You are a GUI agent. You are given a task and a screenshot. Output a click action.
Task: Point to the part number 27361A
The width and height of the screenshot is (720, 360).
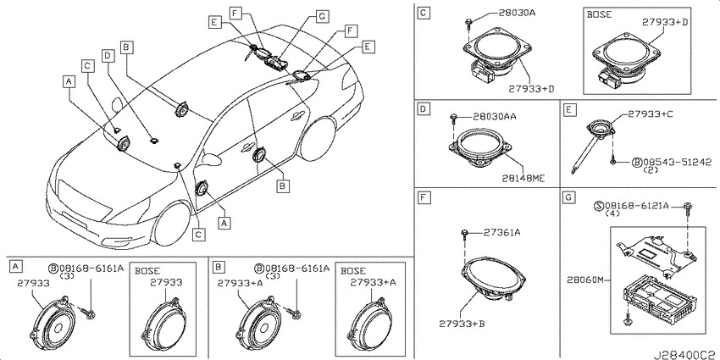point(502,233)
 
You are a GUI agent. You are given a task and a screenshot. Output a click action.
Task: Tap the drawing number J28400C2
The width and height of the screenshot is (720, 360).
point(686,355)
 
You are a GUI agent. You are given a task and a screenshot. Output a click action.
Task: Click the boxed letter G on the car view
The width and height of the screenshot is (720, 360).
point(323,17)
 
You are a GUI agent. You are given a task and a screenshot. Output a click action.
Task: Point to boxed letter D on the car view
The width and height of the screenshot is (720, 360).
point(107,56)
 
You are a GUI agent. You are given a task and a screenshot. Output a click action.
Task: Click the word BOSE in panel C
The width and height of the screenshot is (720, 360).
point(599,14)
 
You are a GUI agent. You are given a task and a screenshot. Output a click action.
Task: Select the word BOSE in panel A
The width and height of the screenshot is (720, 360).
point(147,271)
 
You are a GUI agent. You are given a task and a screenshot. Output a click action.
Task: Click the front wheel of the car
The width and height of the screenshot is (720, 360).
point(172,224)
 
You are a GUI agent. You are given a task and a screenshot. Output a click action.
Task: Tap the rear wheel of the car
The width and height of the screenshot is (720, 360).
point(318,139)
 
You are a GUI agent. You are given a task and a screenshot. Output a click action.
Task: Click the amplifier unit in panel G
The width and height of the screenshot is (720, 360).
point(660,301)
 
